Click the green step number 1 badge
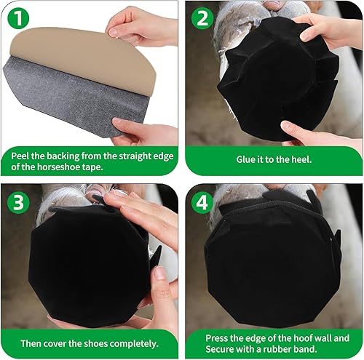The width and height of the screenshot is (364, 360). (x=18, y=18)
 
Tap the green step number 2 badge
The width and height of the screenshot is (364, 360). (x=202, y=18)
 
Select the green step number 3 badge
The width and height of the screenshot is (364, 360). (x=18, y=203)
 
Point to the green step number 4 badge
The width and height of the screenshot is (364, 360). (x=202, y=203)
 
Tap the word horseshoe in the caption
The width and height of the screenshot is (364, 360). (x=57, y=167)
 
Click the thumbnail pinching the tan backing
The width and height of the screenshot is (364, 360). (x=113, y=32)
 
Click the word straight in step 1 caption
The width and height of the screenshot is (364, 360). (x=132, y=156)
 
